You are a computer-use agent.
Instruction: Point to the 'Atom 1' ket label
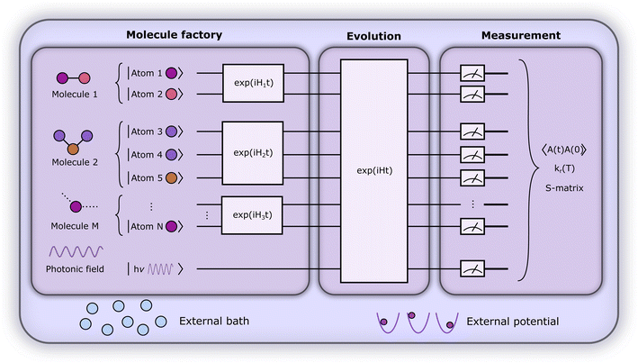tap(147, 70)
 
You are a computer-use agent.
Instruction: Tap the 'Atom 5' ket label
tap(147, 177)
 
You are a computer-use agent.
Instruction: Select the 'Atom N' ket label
tap(147, 226)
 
